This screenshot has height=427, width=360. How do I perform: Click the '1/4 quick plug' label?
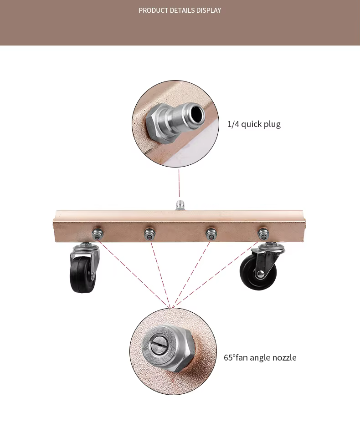coord(254,124)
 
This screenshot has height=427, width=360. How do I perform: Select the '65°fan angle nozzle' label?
coord(260,357)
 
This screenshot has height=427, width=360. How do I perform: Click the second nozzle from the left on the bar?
coord(149,234)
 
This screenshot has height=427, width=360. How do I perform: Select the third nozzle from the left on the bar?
coord(210,234)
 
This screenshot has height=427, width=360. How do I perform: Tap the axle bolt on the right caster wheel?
coord(261,274)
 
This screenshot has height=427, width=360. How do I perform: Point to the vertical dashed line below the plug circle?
coord(179,183)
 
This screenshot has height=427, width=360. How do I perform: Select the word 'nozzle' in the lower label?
coord(283,357)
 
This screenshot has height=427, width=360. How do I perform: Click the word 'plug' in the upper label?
coord(272,124)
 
